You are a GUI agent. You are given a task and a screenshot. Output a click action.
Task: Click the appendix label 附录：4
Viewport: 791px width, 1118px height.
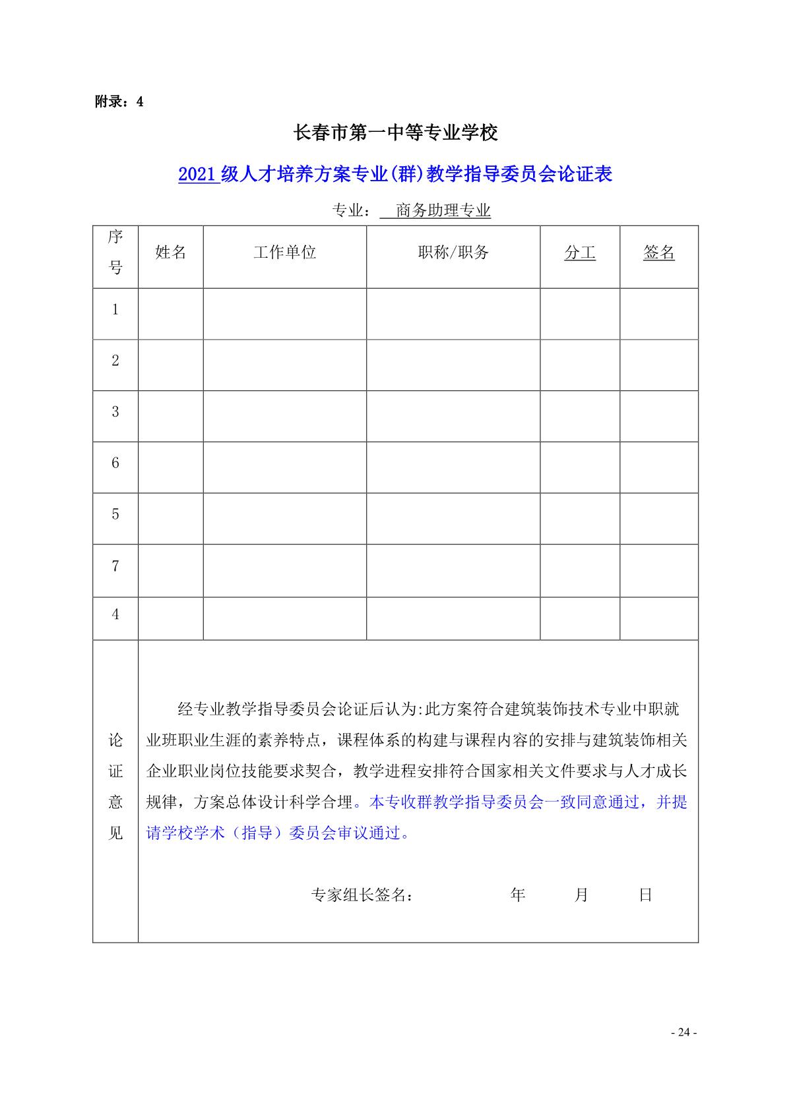(119, 102)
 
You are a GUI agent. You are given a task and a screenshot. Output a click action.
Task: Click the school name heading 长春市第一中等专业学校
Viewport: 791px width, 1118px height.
(395, 133)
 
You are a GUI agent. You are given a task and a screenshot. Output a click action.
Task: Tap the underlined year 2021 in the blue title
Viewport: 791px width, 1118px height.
(197, 174)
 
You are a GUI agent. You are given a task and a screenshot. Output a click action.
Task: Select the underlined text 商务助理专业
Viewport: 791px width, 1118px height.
(443, 211)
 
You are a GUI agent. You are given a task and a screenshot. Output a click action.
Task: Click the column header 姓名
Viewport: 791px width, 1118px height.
(171, 252)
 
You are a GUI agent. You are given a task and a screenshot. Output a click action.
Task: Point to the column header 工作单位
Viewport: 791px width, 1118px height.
(285, 252)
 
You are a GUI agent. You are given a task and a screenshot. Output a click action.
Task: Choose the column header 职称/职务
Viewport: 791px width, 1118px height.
(453, 252)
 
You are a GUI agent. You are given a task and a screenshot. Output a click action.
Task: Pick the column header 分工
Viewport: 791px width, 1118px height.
(580, 252)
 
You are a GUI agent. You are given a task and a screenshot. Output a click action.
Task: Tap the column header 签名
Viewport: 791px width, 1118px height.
(659, 252)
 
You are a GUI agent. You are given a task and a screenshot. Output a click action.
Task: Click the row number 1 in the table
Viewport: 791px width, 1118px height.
(115, 309)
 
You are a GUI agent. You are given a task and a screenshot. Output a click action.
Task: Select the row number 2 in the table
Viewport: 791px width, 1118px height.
(115, 361)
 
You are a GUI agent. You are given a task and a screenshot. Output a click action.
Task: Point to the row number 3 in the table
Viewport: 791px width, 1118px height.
(115, 412)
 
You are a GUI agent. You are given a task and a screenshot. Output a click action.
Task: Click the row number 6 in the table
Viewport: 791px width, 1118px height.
(115, 463)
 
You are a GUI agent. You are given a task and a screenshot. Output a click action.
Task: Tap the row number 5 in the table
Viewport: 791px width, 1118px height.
(115, 515)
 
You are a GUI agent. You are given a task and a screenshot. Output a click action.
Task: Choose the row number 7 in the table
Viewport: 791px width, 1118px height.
(115, 566)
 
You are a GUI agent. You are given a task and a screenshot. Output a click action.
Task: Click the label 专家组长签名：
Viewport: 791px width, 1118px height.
(363, 895)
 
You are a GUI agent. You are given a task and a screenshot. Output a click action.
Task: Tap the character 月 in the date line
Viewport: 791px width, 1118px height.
(581, 895)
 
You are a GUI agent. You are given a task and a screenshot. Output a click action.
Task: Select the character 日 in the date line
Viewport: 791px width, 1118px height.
(645, 895)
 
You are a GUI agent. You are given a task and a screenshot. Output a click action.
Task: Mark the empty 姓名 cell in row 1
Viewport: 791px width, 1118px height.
(171, 314)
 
